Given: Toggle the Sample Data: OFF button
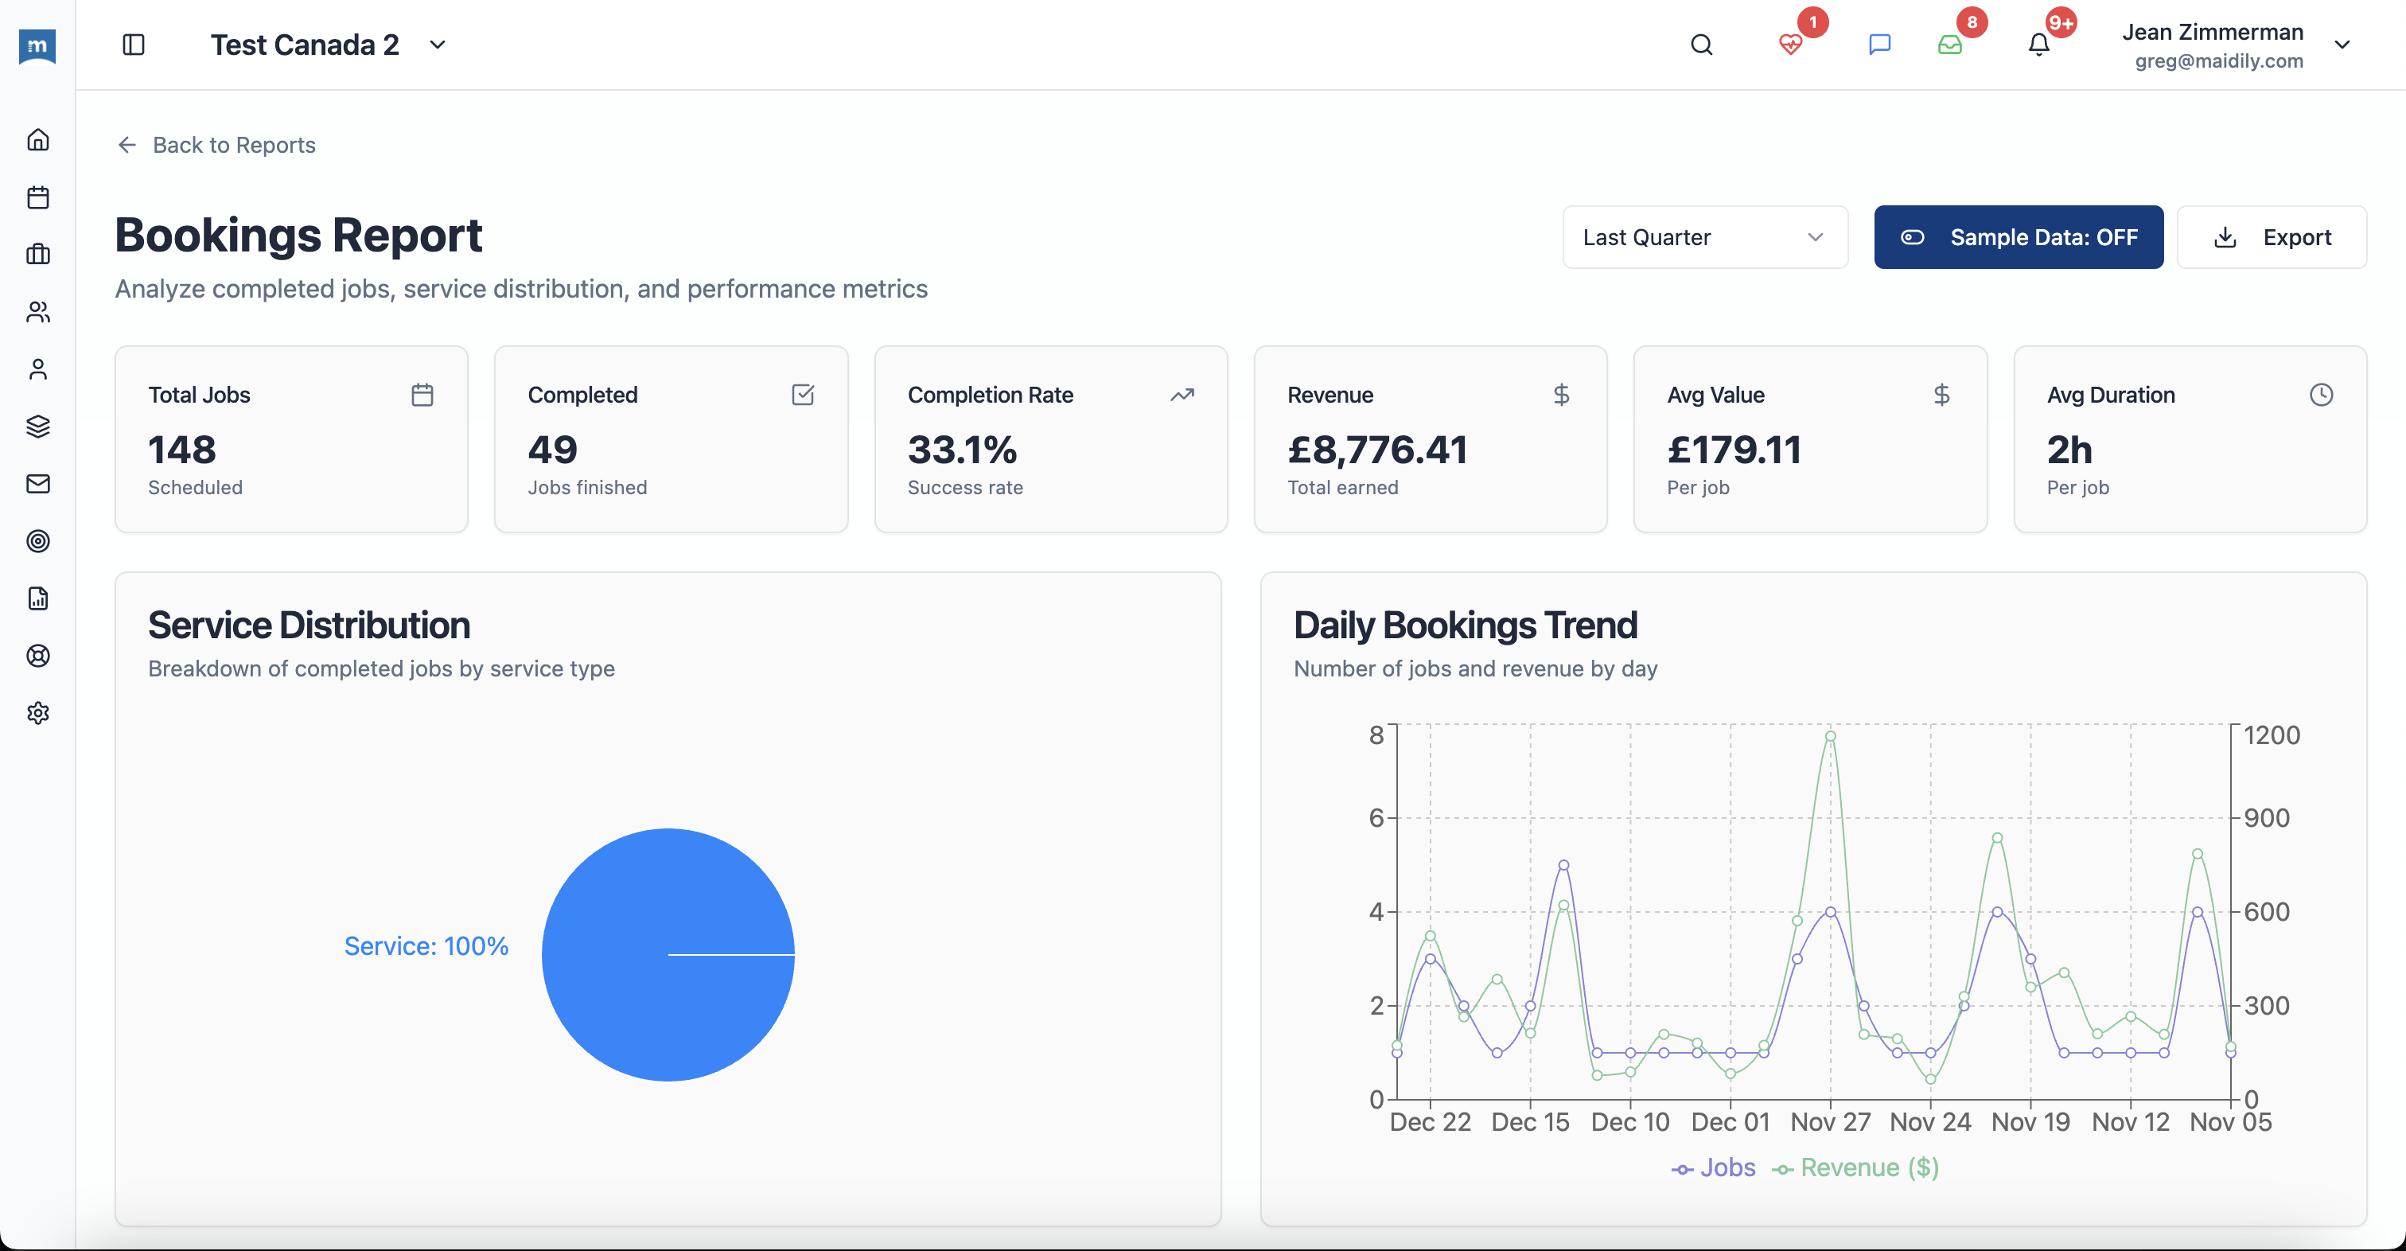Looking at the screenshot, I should click(x=2018, y=237).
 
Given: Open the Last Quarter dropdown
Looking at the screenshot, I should click(x=1703, y=237).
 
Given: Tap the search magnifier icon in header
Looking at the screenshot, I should click(x=1701, y=45).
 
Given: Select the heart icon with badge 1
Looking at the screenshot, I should click(x=1789, y=45).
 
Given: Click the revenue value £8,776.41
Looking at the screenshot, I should click(x=1376, y=450).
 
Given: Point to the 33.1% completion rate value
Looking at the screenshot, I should click(x=962, y=450).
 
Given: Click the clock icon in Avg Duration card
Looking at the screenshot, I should click(x=2320, y=396).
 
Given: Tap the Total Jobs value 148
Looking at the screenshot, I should click(x=182, y=450).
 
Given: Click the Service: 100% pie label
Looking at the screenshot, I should click(x=426, y=946).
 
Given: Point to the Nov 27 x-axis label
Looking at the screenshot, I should click(x=1830, y=1122).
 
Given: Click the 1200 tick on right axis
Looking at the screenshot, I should click(x=2272, y=735).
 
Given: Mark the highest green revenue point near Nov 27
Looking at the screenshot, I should click(x=1830, y=736).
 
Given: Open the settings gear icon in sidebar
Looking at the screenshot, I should click(x=38, y=713).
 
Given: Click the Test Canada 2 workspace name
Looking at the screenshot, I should click(x=305, y=45).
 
